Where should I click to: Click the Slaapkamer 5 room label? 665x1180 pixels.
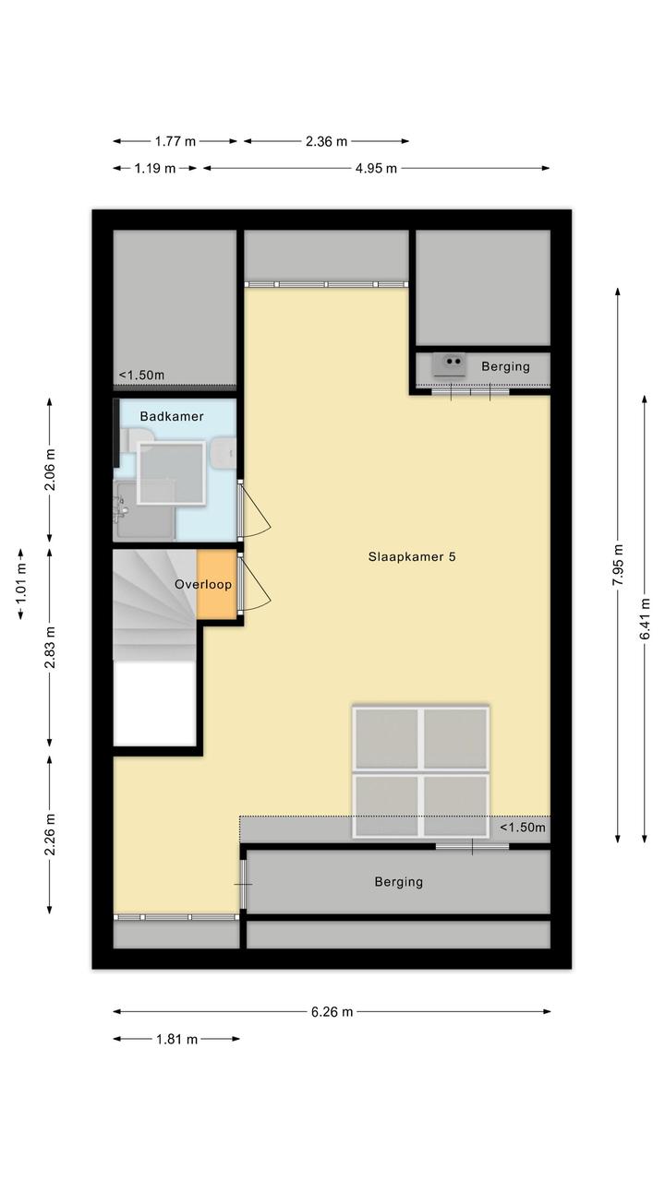tap(412, 557)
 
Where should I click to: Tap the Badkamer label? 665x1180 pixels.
tap(172, 416)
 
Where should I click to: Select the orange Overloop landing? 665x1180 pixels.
tap(216, 584)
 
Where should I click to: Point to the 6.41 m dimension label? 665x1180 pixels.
tap(645, 618)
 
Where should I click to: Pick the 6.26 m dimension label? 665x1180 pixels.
tap(332, 1012)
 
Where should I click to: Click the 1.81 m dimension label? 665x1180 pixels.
tap(176, 1040)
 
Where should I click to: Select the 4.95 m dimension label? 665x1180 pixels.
tap(376, 169)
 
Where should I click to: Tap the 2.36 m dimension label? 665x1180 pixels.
tap(326, 141)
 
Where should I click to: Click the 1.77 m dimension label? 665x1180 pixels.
tap(175, 141)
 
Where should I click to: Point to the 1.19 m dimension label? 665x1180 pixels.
tap(154, 169)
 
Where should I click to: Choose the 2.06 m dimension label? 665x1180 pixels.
tap(50, 470)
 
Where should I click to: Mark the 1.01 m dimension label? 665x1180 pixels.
tap(20, 584)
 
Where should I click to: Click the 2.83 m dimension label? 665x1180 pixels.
tap(50, 648)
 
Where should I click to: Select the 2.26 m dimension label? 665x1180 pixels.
tap(50, 835)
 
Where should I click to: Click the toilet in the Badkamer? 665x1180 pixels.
tap(135, 439)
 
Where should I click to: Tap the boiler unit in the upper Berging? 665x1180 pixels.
tap(449, 364)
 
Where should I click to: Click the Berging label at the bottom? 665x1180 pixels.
tap(399, 882)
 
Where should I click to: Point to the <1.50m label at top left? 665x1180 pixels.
tap(141, 375)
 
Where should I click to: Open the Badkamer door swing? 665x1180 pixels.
tap(255, 509)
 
